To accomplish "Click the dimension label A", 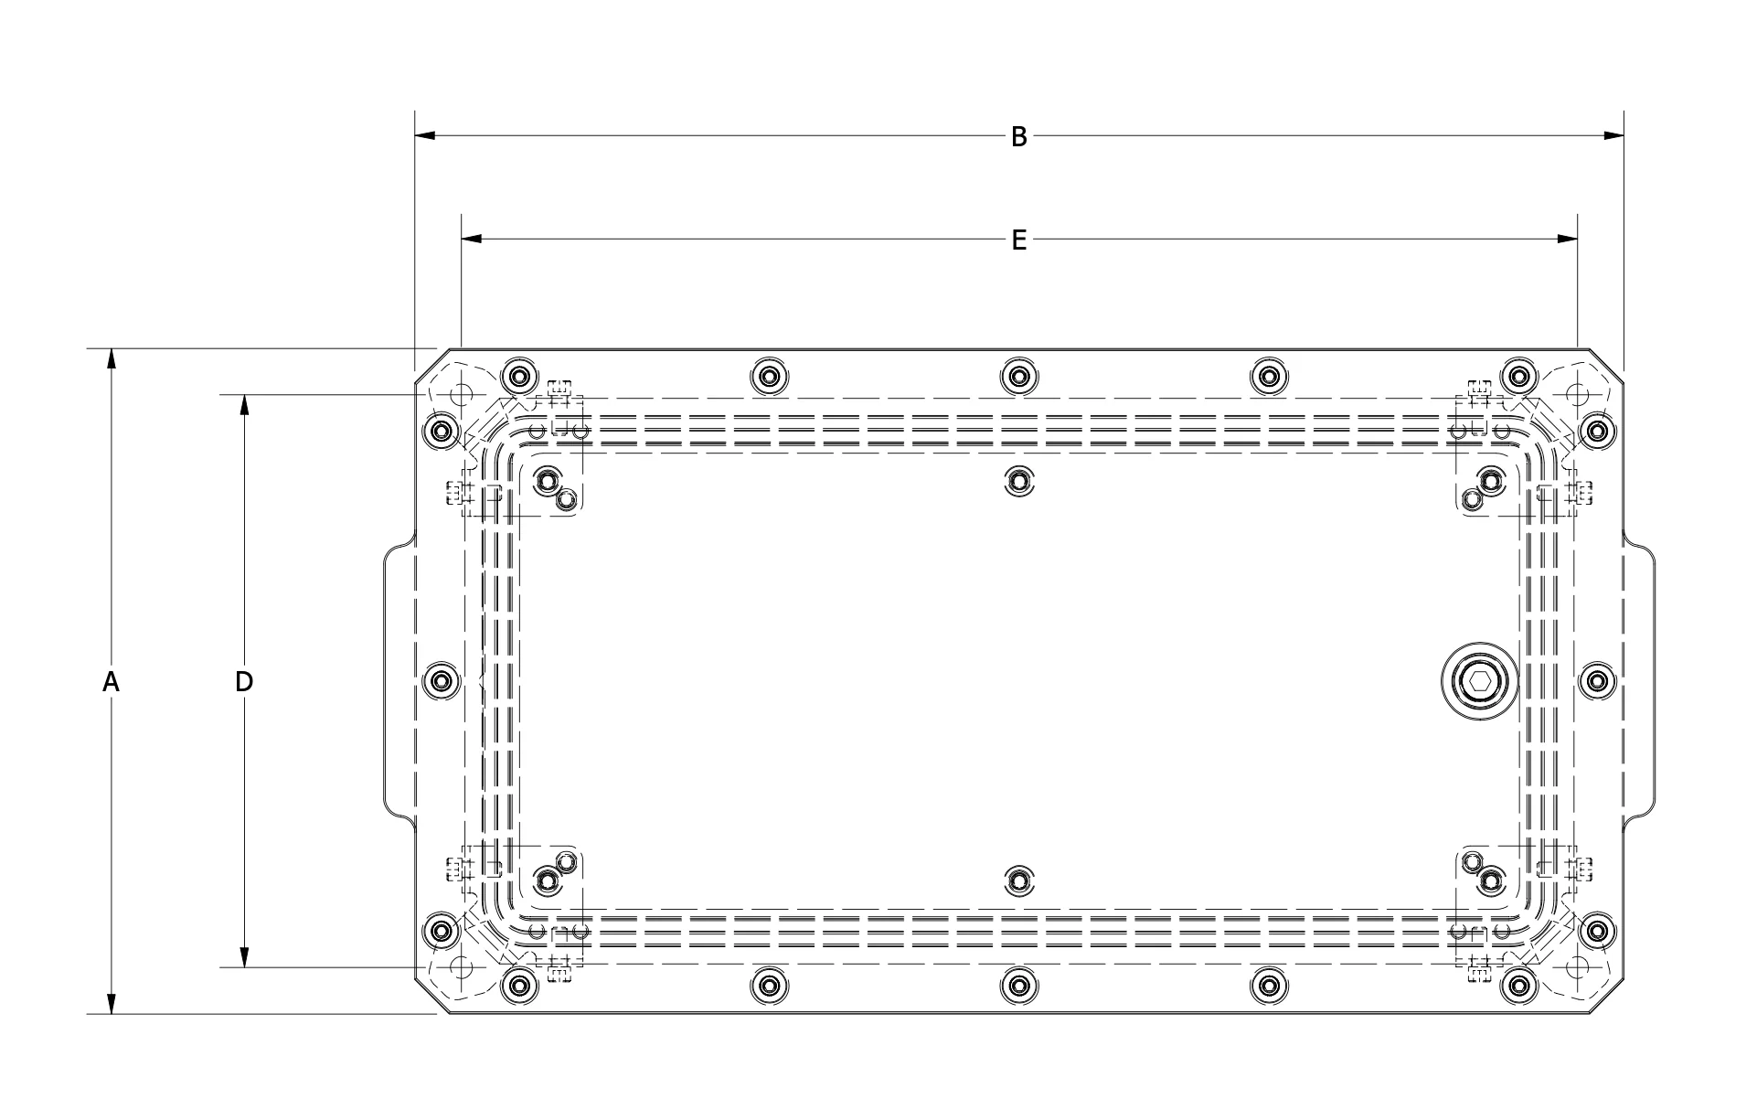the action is (111, 681).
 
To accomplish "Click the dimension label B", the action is (1018, 137).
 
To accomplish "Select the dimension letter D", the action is (244, 681).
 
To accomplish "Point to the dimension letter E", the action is (1018, 240).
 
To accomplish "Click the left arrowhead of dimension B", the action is (425, 136).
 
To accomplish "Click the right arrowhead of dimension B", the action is (1613, 136).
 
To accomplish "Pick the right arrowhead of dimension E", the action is (1568, 240).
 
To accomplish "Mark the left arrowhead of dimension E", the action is (472, 240).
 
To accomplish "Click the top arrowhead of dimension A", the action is (112, 358).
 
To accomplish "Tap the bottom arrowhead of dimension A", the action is (112, 1003).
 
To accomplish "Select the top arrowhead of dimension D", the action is (244, 405).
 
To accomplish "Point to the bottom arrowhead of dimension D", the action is (244, 956).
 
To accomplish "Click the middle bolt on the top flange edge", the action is (1017, 376).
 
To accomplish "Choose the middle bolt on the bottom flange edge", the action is (1017, 985).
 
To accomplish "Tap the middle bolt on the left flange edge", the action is (442, 681).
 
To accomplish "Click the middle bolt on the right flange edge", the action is (1596, 681).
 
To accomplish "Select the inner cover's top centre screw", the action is (1018, 480).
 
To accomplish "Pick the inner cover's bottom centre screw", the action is (1018, 880).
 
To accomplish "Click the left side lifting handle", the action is (386, 681).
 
